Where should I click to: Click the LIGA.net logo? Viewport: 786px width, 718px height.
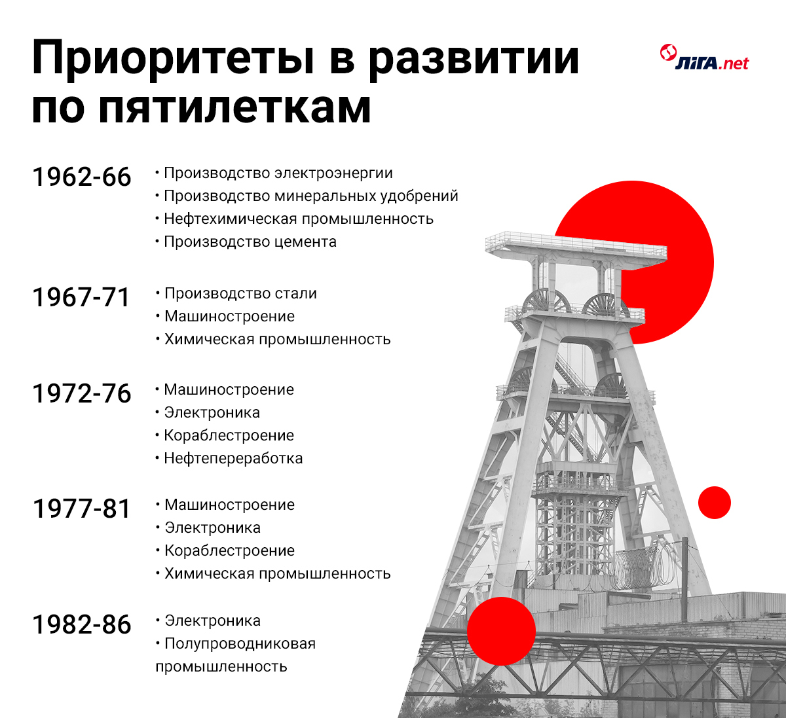[704, 58]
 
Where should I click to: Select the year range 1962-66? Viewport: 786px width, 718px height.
[81, 177]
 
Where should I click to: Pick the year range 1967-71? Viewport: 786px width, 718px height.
[81, 297]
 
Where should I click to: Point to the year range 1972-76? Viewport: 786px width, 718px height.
[81, 393]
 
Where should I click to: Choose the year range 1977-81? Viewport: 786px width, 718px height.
[81, 509]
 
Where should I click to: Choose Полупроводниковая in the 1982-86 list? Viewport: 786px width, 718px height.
[240, 643]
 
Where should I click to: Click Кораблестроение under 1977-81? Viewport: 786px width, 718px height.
[229, 550]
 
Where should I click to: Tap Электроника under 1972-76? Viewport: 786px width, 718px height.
[212, 412]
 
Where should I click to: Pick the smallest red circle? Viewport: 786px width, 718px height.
[715, 503]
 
